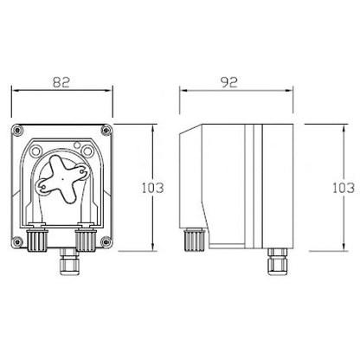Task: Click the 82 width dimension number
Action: [x=61, y=82]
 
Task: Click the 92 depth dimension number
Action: [x=229, y=82]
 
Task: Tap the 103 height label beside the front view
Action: [x=152, y=188]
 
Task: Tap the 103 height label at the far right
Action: [x=344, y=188]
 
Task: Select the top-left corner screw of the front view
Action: [x=17, y=130]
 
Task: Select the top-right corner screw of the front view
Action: [x=106, y=130]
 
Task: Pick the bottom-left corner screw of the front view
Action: [x=17, y=241]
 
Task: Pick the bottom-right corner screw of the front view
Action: [x=106, y=241]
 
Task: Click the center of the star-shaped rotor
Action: [x=62, y=179]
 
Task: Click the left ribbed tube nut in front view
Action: [x=37, y=240]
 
